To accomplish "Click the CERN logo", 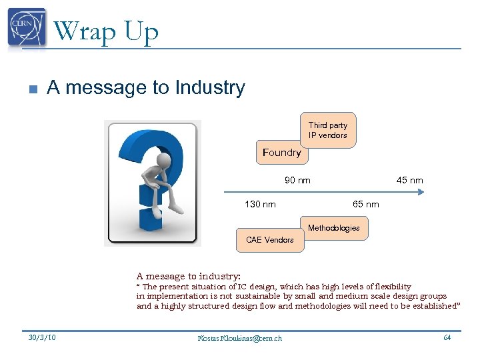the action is [x=27, y=28].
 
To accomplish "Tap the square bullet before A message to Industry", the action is [x=32, y=89].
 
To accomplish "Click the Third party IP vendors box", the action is [x=327, y=130].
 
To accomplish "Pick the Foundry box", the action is [x=281, y=153].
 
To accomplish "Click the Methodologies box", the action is [x=333, y=228].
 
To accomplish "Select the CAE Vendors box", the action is [x=269, y=240].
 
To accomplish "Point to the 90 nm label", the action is [x=297, y=180].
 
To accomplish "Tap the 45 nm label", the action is [x=409, y=180].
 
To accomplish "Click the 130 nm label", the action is [x=260, y=204].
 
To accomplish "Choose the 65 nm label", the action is [x=365, y=204].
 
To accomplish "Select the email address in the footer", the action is [x=240, y=338].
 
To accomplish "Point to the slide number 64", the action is [x=447, y=337].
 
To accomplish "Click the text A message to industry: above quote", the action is [x=188, y=276].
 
